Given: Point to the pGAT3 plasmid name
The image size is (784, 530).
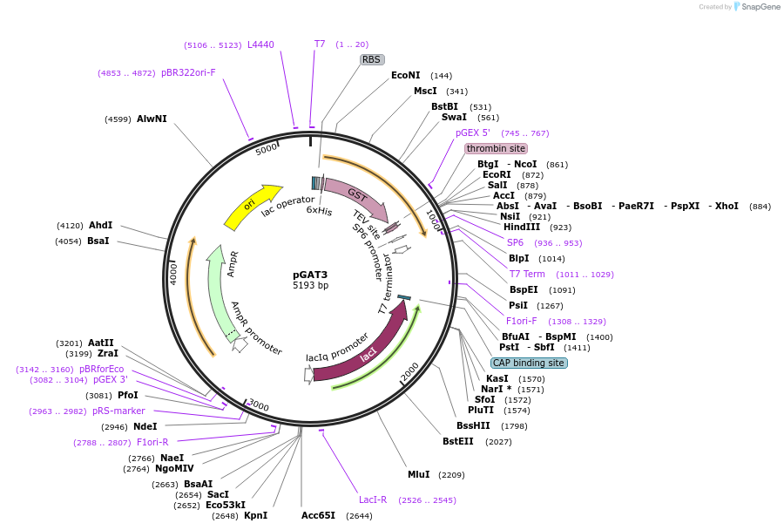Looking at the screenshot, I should pyautogui.click(x=310, y=274).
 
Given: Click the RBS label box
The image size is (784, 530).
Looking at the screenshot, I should pyautogui.click(x=372, y=59).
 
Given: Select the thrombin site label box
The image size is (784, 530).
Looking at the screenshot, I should pyautogui.click(x=496, y=148).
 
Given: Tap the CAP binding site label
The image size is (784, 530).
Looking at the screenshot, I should pyautogui.click(x=529, y=363).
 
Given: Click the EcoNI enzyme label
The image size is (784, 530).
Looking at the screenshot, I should pyautogui.click(x=405, y=76).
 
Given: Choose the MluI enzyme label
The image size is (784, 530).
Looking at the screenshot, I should pyautogui.click(x=419, y=475).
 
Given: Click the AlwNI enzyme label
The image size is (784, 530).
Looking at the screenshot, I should pyautogui.click(x=152, y=119).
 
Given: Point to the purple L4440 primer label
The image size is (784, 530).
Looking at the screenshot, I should pyautogui.click(x=260, y=44).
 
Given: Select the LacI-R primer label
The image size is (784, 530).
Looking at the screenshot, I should pyautogui.click(x=373, y=499).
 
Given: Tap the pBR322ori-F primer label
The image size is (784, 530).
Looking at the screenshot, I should pyautogui.click(x=188, y=73).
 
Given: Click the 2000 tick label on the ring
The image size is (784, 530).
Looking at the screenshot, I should pyautogui.click(x=410, y=373).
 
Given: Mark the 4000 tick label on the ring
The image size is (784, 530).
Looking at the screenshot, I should pyautogui.click(x=174, y=273).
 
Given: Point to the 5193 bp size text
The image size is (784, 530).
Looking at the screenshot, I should pyautogui.click(x=310, y=285).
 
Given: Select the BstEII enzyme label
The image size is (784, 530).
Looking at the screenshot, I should pyautogui.click(x=458, y=442).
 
